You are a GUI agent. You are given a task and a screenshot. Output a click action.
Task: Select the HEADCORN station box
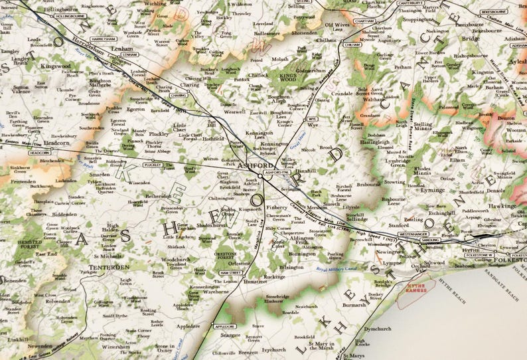tap(40, 153)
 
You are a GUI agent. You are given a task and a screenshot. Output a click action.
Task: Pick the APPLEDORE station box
tap(224, 326)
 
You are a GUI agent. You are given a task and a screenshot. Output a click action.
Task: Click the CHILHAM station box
tap(352, 45)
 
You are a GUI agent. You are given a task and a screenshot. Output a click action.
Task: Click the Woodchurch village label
tap(176, 259)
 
